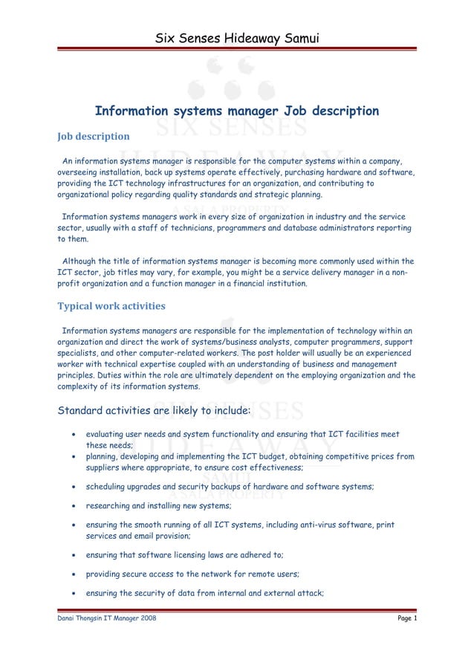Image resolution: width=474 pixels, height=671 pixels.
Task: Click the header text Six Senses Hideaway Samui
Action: point(237,38)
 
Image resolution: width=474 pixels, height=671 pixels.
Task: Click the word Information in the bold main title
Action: point(131,111)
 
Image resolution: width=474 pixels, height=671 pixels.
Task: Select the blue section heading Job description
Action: point(94,137)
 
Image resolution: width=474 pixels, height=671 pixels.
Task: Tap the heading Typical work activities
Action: point(111,306)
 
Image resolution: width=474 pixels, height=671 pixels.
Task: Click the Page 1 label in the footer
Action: point(405,619)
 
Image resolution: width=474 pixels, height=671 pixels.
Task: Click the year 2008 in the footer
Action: point(147,619)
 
